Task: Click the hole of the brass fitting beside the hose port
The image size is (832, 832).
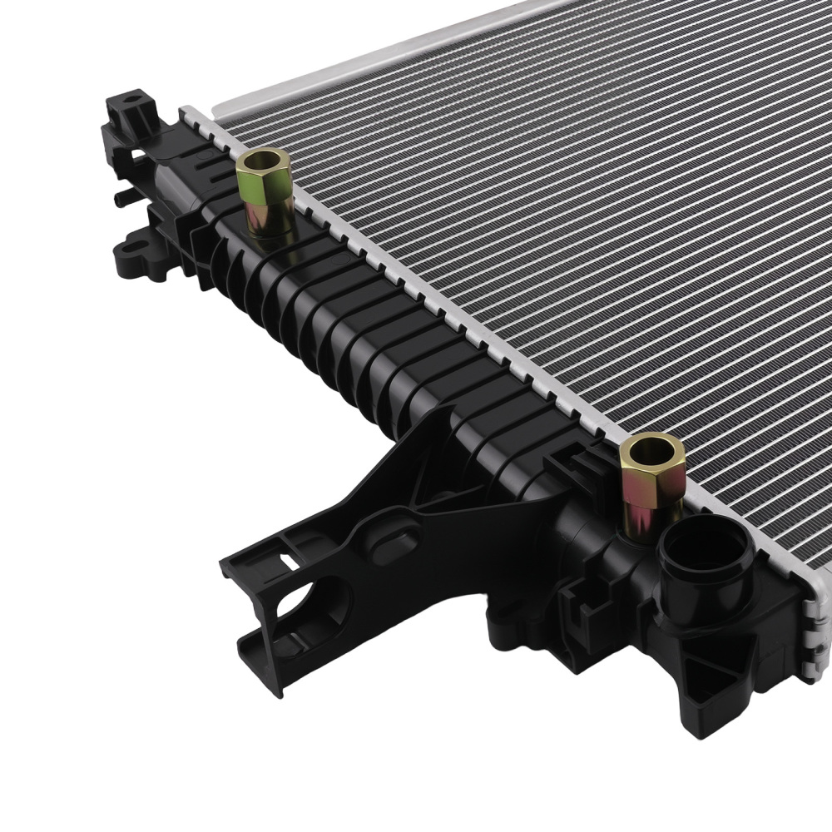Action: click(651, 452)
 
